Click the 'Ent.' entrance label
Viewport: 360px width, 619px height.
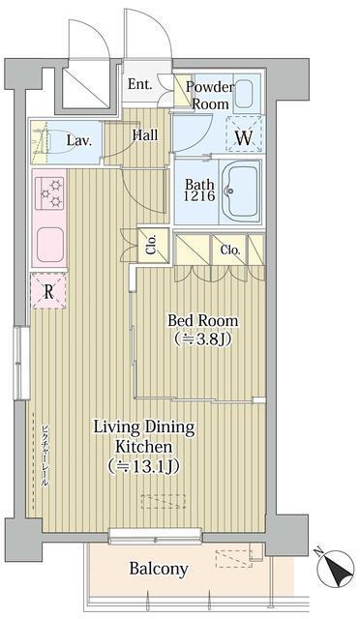coord(139,84)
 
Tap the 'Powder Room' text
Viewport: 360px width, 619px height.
coord(209,95)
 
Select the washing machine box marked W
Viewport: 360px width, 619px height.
coord(244,136)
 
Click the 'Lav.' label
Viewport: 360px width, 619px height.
coord(78,141)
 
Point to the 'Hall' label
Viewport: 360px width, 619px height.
coord(145,135)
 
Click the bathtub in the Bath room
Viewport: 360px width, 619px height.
coord(241,190)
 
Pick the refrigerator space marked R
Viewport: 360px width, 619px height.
coord(46,289)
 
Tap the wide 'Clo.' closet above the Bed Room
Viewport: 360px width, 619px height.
coord(229,250)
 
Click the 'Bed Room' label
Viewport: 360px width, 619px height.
coord(202,320)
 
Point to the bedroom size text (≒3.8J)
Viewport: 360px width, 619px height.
coord(202,339)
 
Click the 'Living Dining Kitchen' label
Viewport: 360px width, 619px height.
coord(144,437)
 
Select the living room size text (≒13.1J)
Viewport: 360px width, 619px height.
coord(144,467)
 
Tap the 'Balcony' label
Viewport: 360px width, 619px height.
coord(159,569)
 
